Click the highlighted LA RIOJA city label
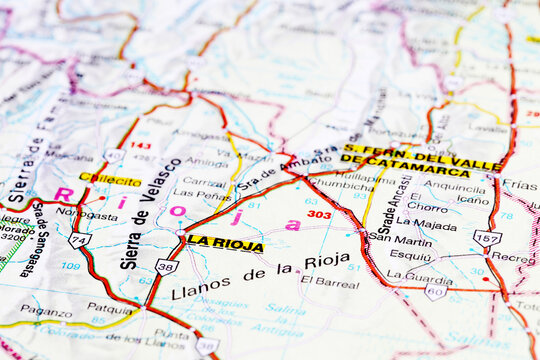(225, 243)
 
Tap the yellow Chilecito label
(111, 179)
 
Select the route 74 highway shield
(78, 240)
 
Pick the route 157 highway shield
(487, 237)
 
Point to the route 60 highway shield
(435, 290)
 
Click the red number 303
(319, 214)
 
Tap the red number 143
(141, 146)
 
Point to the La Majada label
(426, 223)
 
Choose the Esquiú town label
(410, 256)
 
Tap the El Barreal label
(330, 282)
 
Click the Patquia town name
(109, 308)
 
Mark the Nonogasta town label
(86, 214)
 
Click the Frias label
(520, 185)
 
